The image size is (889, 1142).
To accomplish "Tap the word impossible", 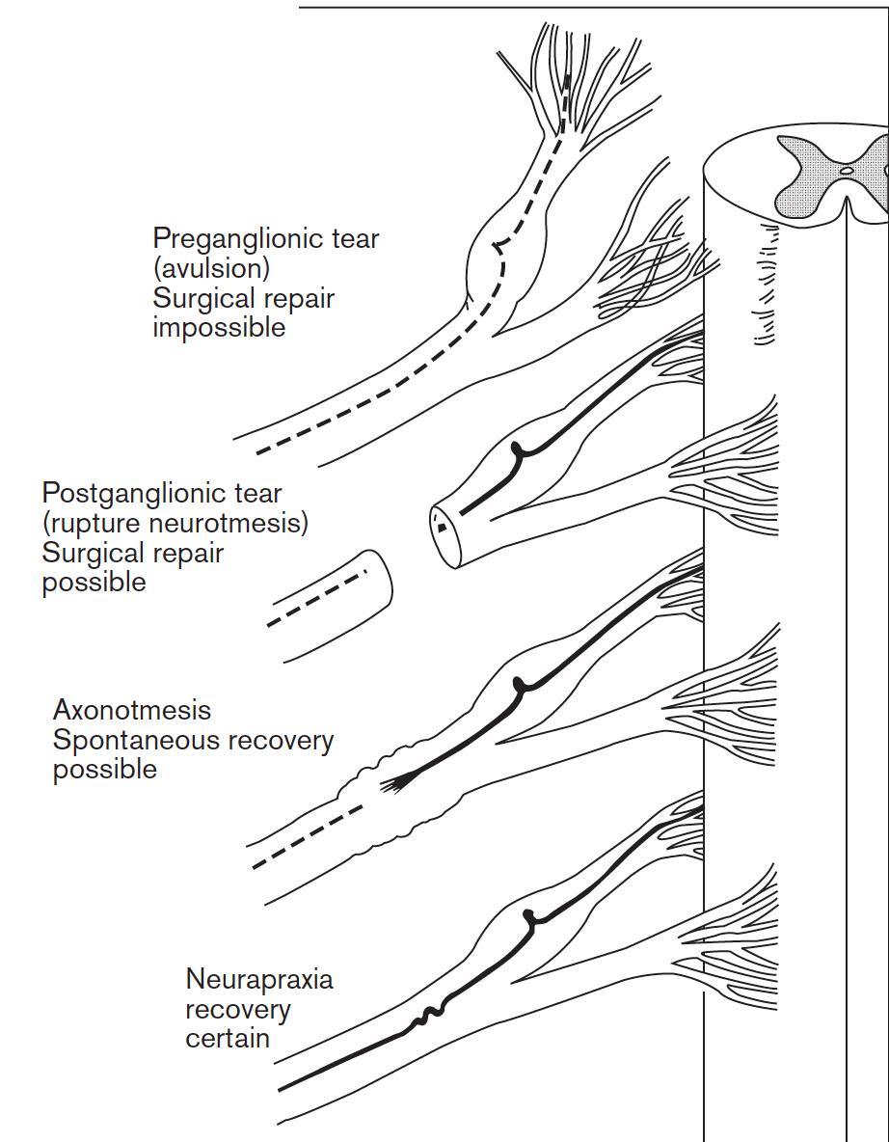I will pyautogui.click(x=219, y=327).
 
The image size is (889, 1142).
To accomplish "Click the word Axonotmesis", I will pyautogui.click(x=132, y=711).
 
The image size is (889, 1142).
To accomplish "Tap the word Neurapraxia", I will pyautogui.click(x=259, y=980).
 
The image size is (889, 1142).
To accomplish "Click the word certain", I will pyautogui.click(x=228, y=1039).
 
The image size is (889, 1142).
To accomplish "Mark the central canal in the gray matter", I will pyautogui.click(x=847, y=171).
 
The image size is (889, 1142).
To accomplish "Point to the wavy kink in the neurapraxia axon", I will pyautogui.click(x=424, y=1018).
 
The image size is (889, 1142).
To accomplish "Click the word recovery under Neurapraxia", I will pyautogui.click(x=238, y=1010).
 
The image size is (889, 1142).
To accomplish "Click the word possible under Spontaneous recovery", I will pyautogui.click(x=104, y=770).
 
